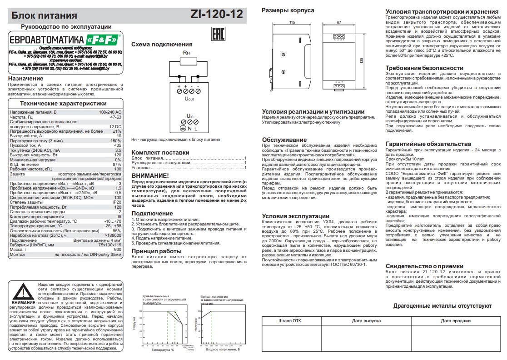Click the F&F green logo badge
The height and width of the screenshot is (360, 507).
click(103, 40)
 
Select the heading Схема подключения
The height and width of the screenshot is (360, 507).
click(161, 45)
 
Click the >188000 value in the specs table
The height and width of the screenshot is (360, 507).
click(112, 235)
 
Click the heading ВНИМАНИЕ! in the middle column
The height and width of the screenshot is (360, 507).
click(150, 175)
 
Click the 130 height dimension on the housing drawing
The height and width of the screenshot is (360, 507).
click(362, 60)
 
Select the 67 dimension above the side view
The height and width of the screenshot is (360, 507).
click(339, 22)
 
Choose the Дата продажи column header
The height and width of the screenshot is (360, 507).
click(455, 321)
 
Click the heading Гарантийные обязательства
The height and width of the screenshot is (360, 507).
click(428, 144)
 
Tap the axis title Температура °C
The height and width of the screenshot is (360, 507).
click(163, 350)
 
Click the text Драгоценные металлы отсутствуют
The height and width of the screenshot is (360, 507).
click(442, 306)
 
